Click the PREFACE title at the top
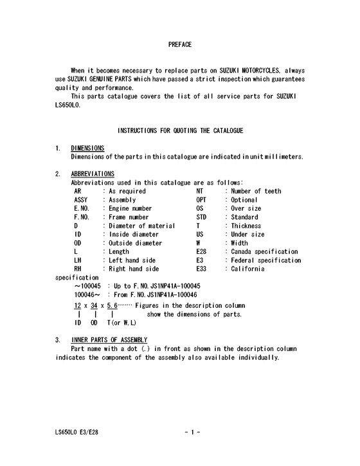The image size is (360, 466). point(179,44)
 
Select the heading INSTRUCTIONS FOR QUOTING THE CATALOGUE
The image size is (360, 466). point(180,130)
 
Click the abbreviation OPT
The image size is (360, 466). point(201,200)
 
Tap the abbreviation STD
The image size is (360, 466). point(201,217)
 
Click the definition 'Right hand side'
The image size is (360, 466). point(134,269)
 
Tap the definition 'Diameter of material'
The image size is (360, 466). point(142,226)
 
